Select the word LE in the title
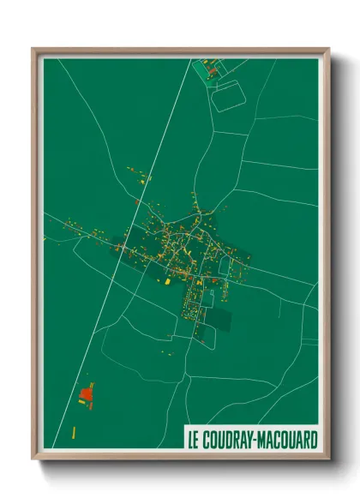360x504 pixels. point(196,439)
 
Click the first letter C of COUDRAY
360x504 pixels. point(209,439)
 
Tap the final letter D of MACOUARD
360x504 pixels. point(313,439)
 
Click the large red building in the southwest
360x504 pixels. point(86,394)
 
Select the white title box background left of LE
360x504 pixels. point(188,439)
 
